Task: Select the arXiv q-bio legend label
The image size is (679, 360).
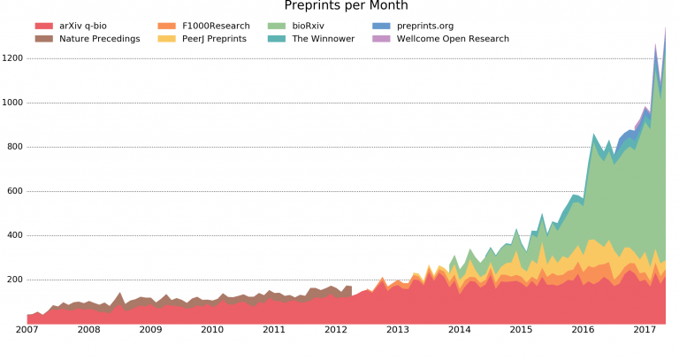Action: tap(90, 26)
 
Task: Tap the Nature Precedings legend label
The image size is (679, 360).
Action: tap(99, 39)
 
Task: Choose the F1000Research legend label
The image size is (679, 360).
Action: tap(216, 26)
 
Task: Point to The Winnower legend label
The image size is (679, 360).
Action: tap(324, 39)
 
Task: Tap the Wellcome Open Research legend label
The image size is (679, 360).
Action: tap(453, 39)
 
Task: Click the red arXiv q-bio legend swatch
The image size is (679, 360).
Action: tap(43, 26)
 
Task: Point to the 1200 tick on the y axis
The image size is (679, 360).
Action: tap(13, 58)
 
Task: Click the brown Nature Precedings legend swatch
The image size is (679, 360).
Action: tap(43, 39)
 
